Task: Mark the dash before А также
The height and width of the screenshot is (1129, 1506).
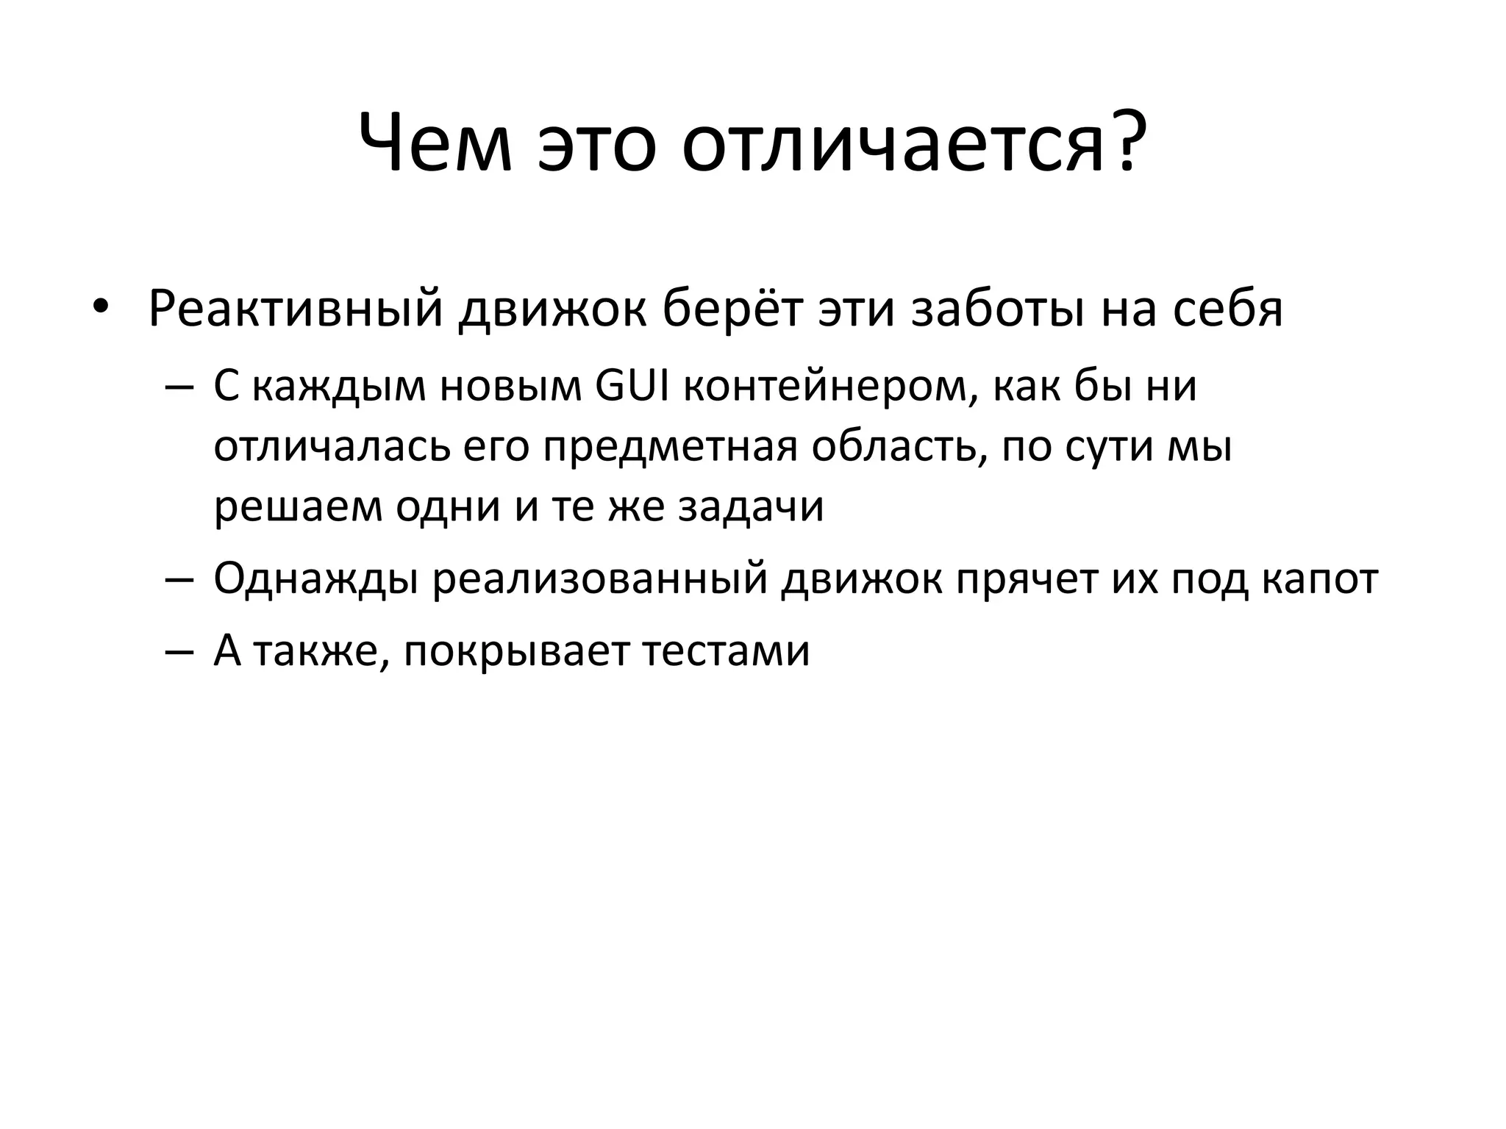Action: [x=179, y=651]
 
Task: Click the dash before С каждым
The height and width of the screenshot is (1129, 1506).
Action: [x=179, y=387]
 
